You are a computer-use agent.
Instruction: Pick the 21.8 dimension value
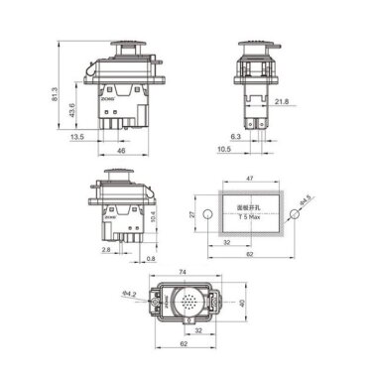[x=282, y=101]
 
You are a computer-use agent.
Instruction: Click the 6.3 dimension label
[x=234, y=137]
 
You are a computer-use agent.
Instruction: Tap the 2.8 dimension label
[x=105, y=252]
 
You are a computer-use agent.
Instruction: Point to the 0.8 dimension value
[x=150, y=260]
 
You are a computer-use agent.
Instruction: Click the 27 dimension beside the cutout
[x=194, y=214]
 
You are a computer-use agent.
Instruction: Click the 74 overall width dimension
[x=185, y=271]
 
